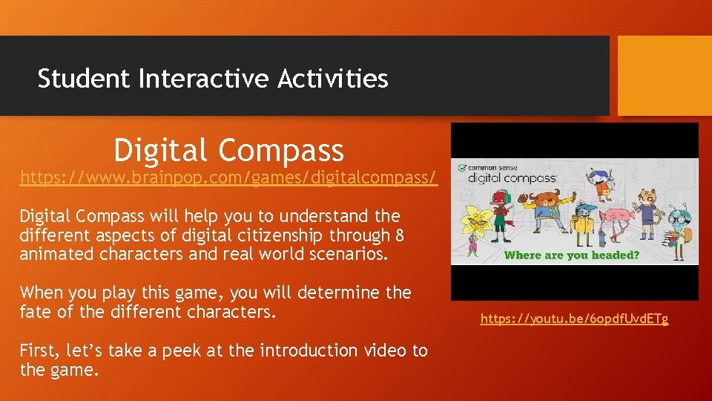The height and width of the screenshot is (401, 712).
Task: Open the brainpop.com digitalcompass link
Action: [228, 178]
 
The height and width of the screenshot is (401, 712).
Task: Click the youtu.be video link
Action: [574, 319]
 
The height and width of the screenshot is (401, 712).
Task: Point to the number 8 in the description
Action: [400, 235]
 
